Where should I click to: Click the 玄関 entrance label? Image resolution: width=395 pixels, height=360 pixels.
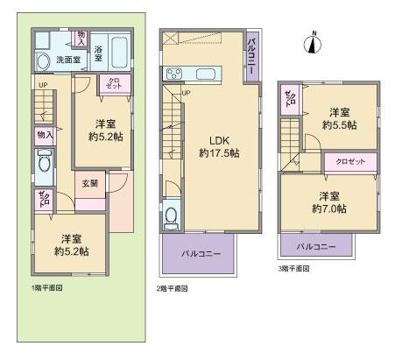(x=90, y=183)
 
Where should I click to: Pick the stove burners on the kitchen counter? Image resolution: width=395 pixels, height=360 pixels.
(x=173, y=73)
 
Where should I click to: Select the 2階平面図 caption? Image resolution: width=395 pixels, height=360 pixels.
(x=173, y=287)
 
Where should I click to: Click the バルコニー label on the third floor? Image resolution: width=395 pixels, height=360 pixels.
(x=314, y=247)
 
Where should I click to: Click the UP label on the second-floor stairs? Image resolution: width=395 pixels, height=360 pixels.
(x=186, y=93)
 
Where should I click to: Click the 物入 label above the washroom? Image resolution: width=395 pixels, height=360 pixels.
(x=81, y=38)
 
